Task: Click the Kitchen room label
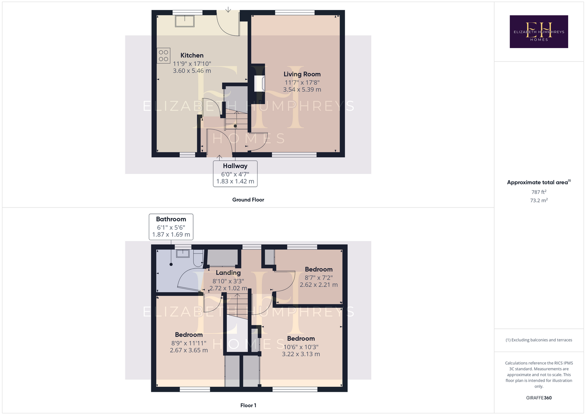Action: tap(192, 55)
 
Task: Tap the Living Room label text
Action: tap(302, 74)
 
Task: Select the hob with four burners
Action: tap(163, 56)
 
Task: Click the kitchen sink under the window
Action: tap(185, 21)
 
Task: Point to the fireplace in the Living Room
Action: tap(260, 83)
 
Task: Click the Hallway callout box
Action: tap(235, 173)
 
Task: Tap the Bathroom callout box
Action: tap(171, 227)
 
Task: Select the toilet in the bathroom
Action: tap(198, 258)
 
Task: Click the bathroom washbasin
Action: tap(182, 254)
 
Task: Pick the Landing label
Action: tap(228, 273)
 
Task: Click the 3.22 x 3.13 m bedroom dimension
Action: tap(301, 354)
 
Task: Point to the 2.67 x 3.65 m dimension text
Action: tap(189, 350)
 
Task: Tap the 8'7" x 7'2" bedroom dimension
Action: tap(319, 278)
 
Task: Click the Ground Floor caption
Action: tap(248, 200)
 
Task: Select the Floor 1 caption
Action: tap(248, 405)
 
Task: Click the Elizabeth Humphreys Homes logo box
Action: tap(539, 32)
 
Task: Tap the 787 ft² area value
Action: tap(539, 192)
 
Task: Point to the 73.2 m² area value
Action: tap(539, 200)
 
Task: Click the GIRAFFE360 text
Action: tap(539, 398)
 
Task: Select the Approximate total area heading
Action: tap(539, 182)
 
